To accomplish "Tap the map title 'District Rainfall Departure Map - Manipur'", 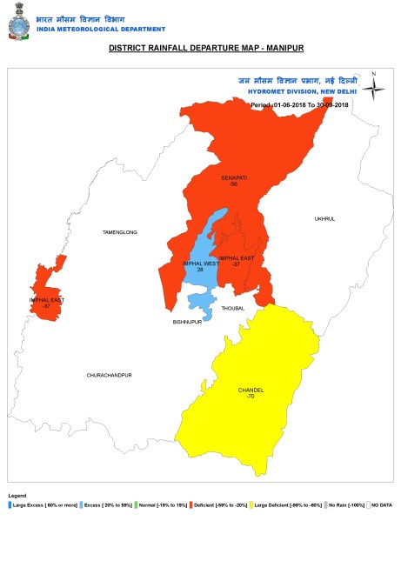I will [200, 49].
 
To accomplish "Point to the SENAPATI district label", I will [234, 177].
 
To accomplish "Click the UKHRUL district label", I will [324, 219].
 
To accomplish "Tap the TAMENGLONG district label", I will [120, 232].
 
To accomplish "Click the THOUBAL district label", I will [233, 308].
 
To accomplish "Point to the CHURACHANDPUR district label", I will [109, 375].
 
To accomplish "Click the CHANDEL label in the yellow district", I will [251, 390].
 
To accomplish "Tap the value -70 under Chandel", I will [251, 397].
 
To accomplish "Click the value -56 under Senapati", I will [234, 184].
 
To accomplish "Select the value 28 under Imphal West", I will [200, 270].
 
